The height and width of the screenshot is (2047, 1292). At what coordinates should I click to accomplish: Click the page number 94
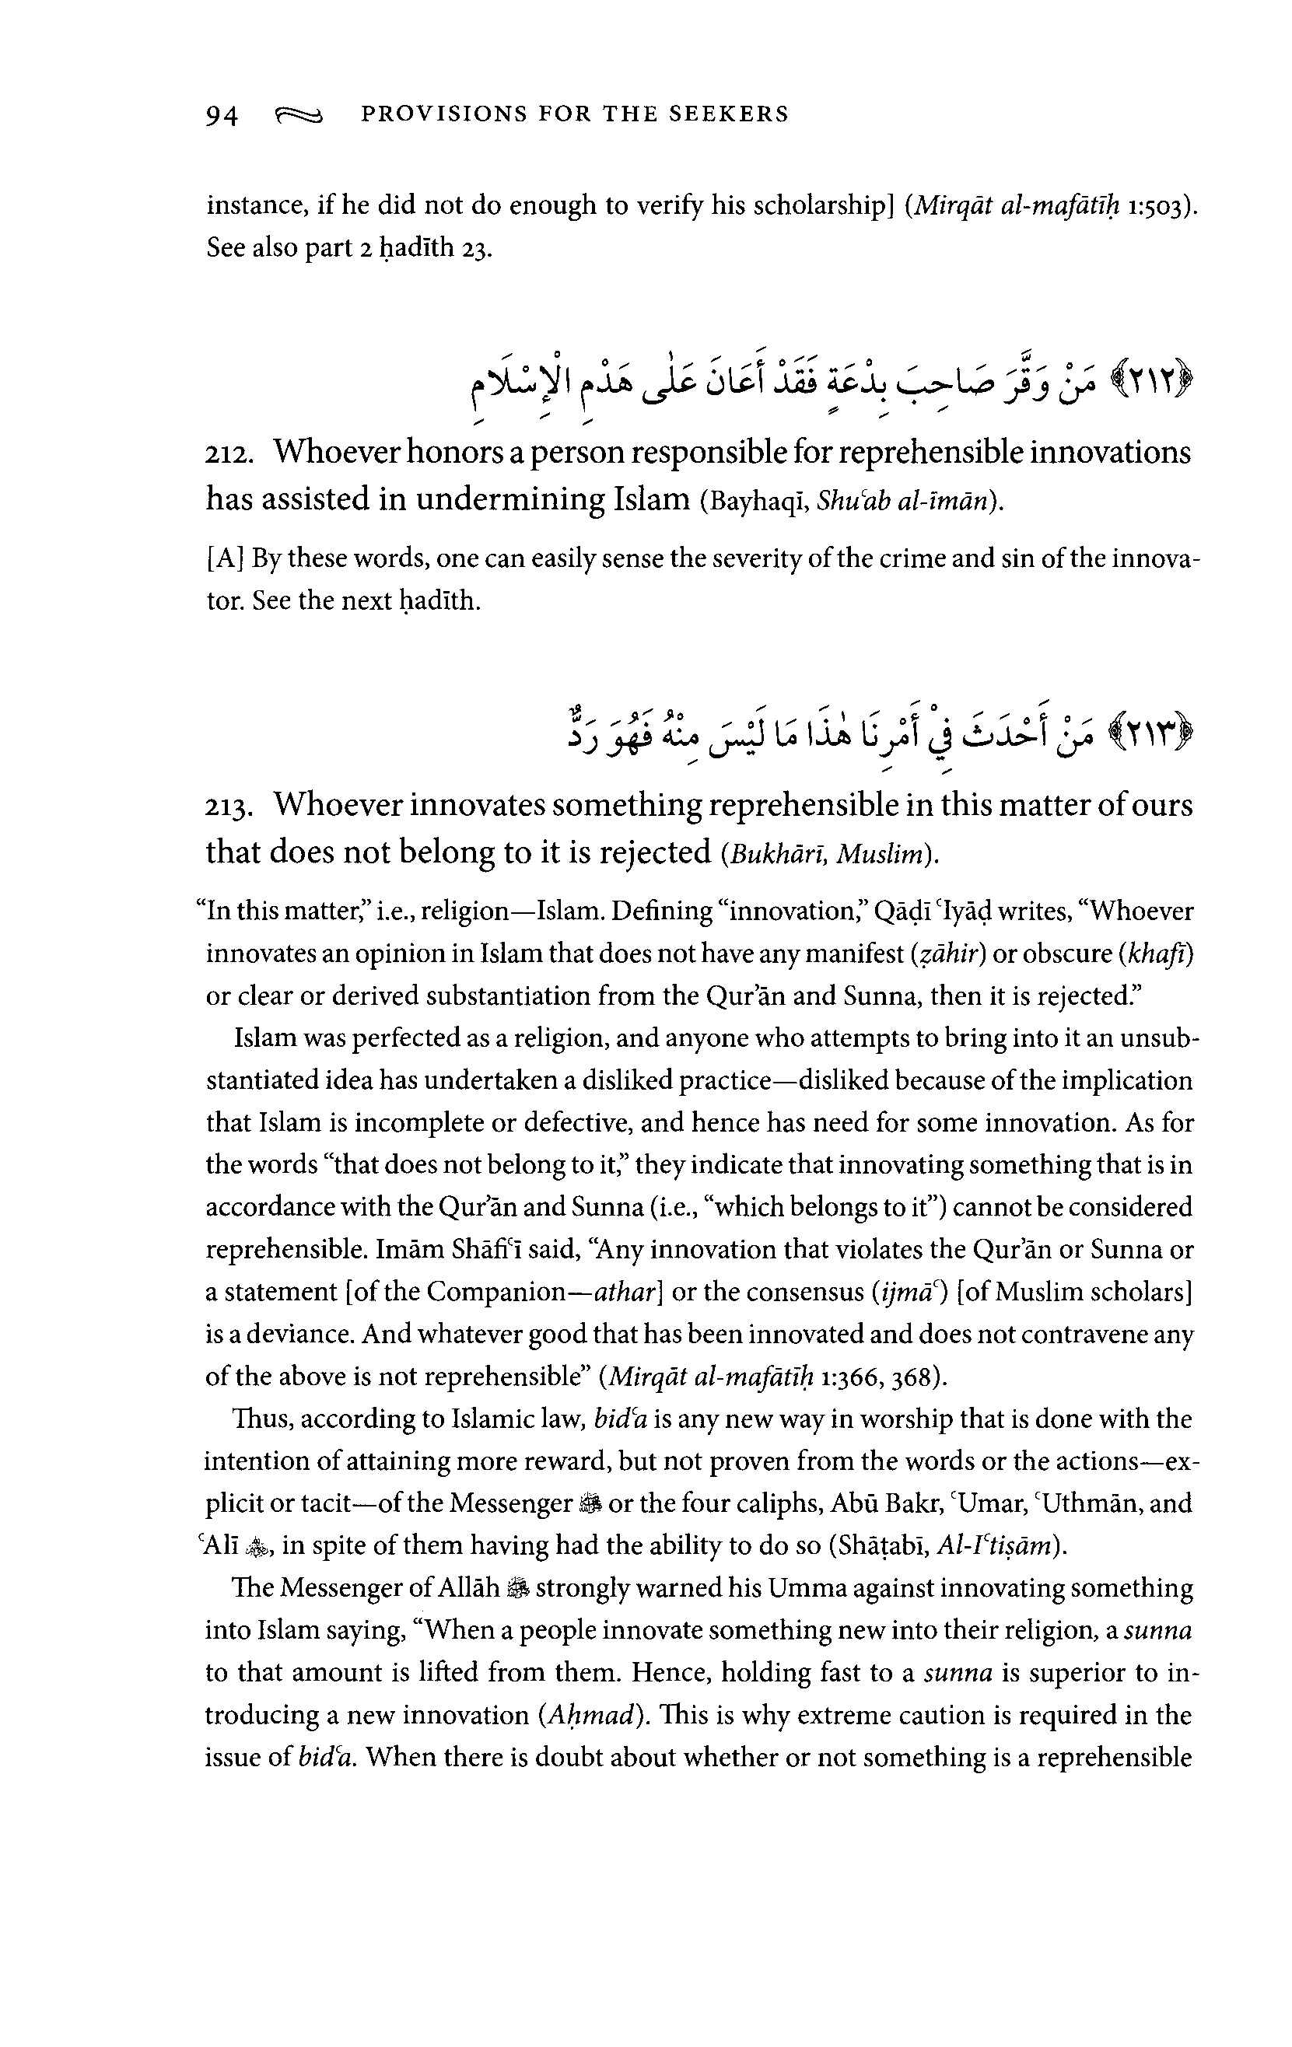pos(222,115)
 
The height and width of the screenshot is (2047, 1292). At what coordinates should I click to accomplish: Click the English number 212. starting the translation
pos(230,454)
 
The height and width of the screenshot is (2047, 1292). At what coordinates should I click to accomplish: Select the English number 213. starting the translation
pos(230,807)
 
